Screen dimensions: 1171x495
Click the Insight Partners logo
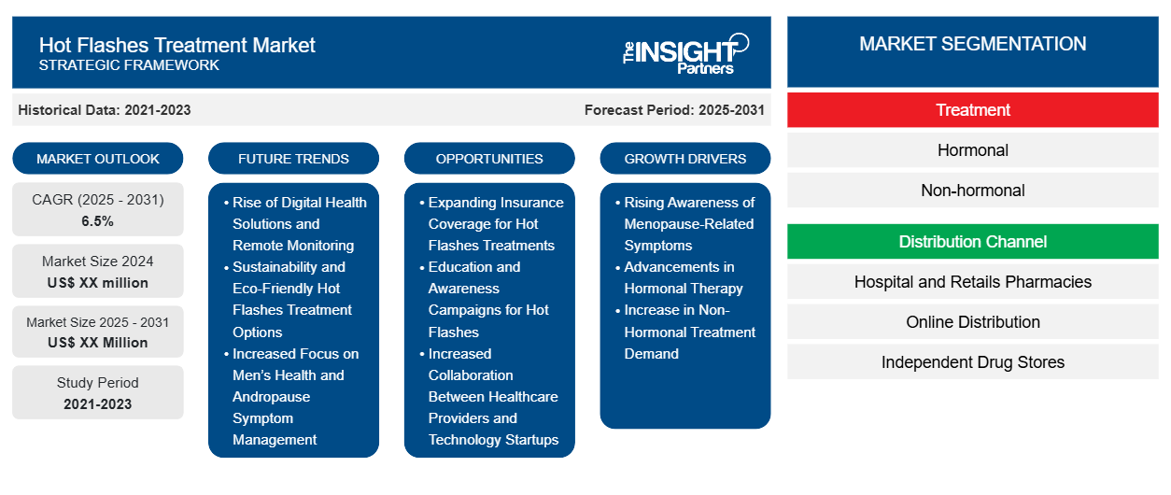click(x=685, y=54)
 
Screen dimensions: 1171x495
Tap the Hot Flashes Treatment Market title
click(x=176, y=46)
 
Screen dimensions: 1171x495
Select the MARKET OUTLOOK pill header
click(x=98, y=159)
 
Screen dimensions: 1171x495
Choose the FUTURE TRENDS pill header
click(x=293, y=159)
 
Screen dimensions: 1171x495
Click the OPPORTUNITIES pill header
click(x=489, y=159)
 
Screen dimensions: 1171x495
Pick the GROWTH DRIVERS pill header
click(x=684, y=159)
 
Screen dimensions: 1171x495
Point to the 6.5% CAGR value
click(x=97, y=221)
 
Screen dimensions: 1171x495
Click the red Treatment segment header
click(x=972, y=110)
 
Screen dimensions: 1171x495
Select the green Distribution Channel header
click(x=972, y=242)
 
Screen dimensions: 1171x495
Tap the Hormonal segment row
click(x=972, y=150)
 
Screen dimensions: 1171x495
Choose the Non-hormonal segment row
click(x=972, y=191)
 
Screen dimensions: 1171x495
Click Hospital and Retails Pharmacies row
click(x=972, y=282)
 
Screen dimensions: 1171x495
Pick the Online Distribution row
click(x=972, y=322)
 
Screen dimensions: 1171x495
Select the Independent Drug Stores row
click(x=972, y=361)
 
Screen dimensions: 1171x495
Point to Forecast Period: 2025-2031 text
click(x=674, y=110)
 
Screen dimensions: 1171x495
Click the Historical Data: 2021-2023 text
click(x=105, y=110)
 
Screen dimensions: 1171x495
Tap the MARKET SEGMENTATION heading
click(x=972, y=44)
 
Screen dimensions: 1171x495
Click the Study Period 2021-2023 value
click(x=98, y=404)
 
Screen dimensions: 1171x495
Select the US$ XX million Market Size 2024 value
click(x=98, y=283)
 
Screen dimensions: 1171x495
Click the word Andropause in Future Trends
click(x=272, y=397)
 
